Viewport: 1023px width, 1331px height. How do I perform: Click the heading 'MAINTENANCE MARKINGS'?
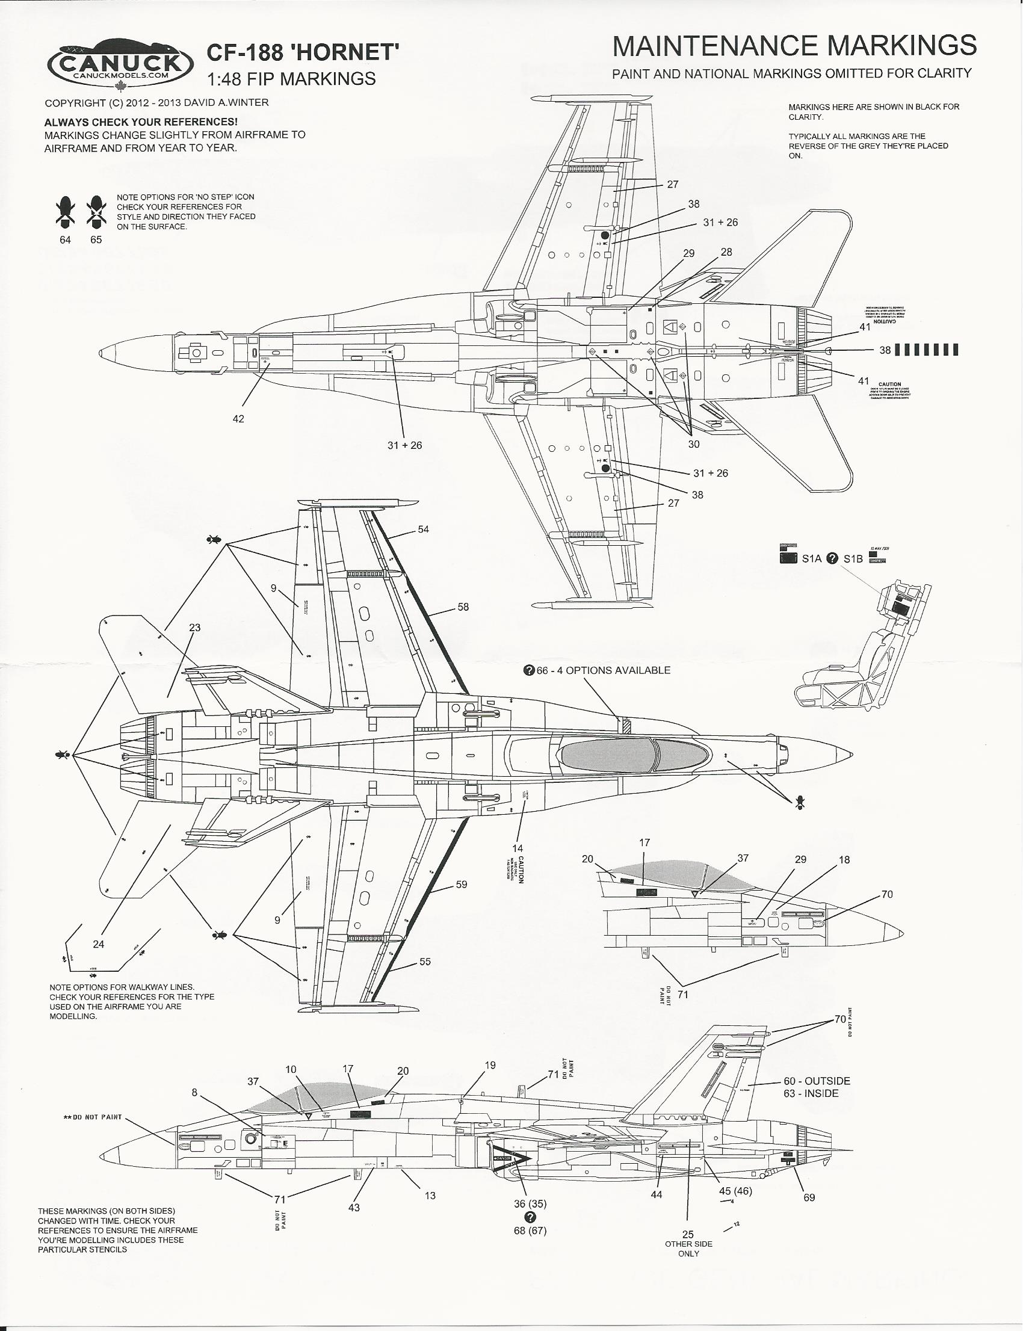[x=794, y=46]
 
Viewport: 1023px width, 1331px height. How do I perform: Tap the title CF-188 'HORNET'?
[x=303, y=53]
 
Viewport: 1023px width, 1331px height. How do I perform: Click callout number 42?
[x=238, y=419]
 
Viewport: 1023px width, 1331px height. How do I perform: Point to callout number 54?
[x=423, y=529]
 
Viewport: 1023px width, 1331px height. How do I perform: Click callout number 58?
[x=463, y=607]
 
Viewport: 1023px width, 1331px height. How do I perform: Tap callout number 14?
[x=518, y=848]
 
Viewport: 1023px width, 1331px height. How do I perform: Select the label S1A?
[x=812, y=558]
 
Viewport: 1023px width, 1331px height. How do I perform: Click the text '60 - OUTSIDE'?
[x=817, y=1081]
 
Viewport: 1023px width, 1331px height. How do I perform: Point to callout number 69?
[x=809, y=1197]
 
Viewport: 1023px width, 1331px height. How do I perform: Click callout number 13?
[x=430, y=1195]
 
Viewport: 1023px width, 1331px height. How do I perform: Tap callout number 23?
[x=194, y=628]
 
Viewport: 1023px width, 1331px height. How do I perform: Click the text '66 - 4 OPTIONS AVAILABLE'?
[x=603, y=670]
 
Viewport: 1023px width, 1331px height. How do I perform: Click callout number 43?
[x=354, y=1208]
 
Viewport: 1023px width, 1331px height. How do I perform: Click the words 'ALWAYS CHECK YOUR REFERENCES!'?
[x=141, y=122]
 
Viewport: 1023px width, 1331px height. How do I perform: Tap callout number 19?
[x=490, y=1065]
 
